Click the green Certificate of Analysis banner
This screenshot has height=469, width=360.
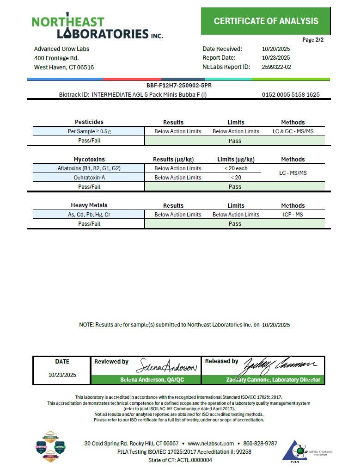pos(266,21)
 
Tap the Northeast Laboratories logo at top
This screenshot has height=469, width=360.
pos(97,27)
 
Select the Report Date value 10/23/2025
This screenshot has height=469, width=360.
pos(275,58)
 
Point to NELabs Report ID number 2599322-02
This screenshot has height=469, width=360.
pos(276,67)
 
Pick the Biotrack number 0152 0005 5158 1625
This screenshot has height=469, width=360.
pos(290,95)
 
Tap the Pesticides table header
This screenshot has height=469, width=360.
pos(89,122)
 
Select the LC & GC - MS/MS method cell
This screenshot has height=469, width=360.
pos(293,131)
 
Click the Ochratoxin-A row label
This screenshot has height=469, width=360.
pos(89,178)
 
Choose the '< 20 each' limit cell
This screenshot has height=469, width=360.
pos(236,168)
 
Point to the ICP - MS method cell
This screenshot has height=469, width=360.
pos(293,215)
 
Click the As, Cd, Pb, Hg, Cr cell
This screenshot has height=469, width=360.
pos(89,215)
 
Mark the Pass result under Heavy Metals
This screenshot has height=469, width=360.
pos(235,224)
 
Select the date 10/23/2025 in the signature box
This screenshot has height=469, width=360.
pos(62,375)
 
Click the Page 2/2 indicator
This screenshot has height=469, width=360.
pos(313,40)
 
